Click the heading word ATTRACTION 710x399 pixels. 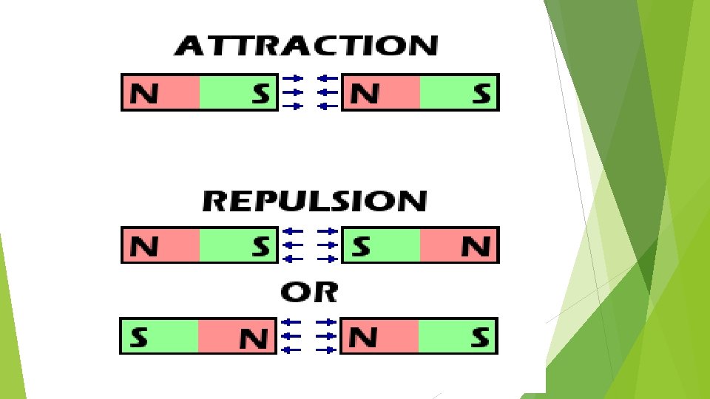click(x=305, y=47)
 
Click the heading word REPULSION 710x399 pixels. click(x=314, y=201)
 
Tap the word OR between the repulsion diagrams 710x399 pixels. click(x=309, y=293)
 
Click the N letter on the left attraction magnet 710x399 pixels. click(x=144, y=94)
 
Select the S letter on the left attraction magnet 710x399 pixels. click(x=260, y=94)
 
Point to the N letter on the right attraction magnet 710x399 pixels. click(x=365, y=94)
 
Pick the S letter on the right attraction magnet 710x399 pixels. click(x=481, y=94)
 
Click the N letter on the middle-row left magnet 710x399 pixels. click(x=144, y=246)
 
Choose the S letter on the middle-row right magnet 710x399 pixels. click(x=361, y=246)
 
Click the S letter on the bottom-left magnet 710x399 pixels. click(x=138, y=338)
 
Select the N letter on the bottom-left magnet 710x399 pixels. click(x=254, y=338)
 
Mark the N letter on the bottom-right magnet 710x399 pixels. click(x=364, y=338)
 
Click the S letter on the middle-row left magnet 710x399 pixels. click(x=260, y=246)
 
